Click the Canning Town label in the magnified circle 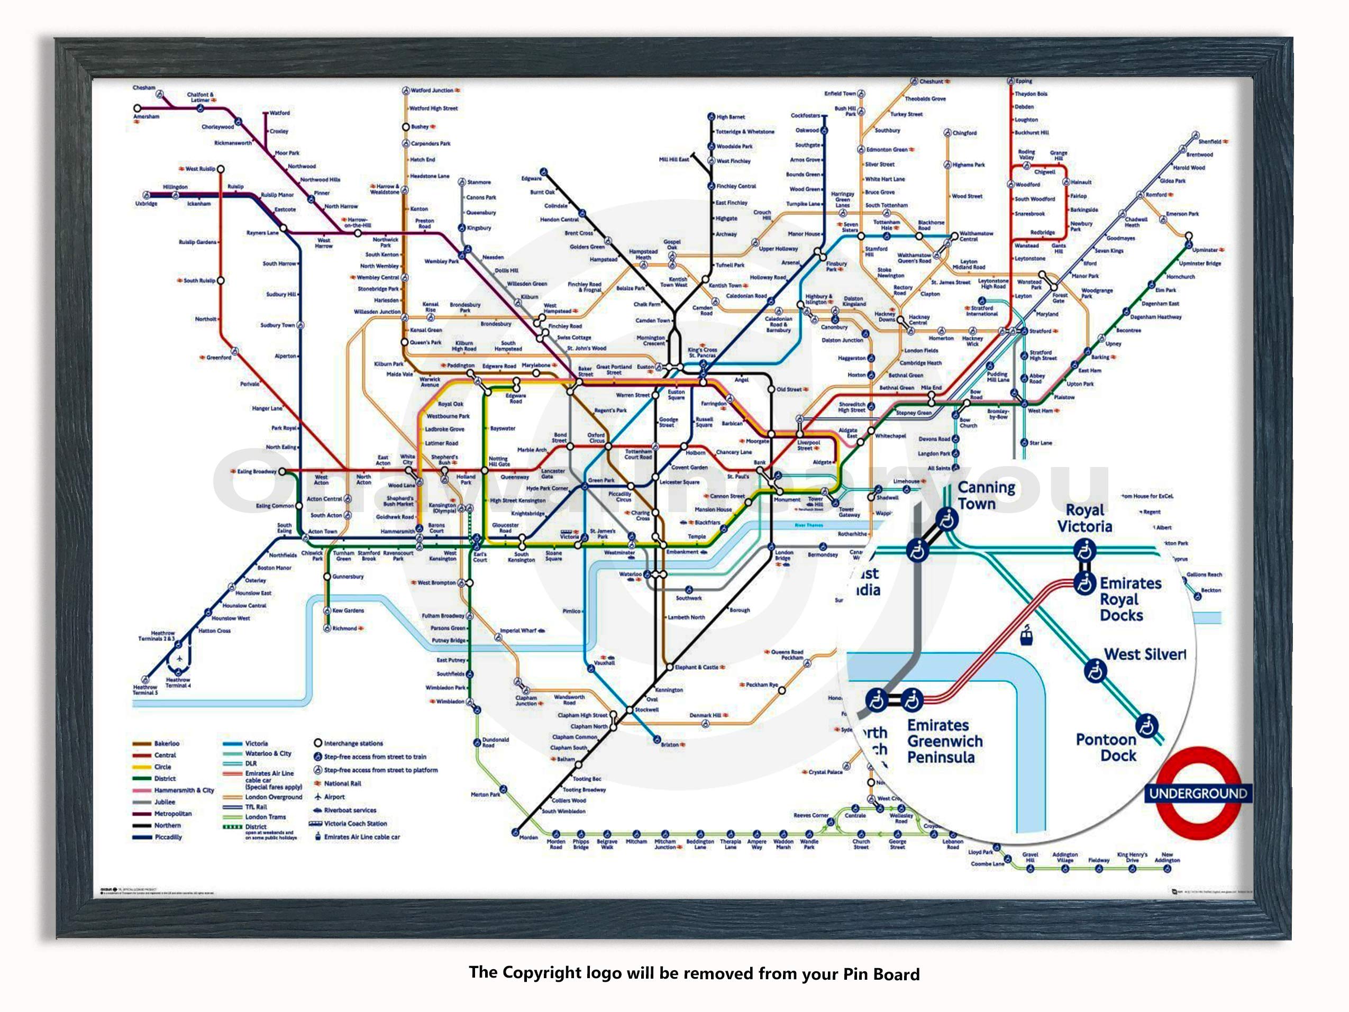pos(986,495)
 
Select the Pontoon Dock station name pos(1106,747)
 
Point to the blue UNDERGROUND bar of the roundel pos(1198,793)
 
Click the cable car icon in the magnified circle pos(1026,636)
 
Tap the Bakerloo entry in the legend pos(166,744)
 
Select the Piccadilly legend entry pos(168,837)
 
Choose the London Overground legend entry pos(273,797)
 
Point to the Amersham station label pos(147,116)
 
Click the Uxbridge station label pos(147,204)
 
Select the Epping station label pos(1023,81)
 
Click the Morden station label pos(528,837)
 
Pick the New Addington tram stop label pos(1166,857)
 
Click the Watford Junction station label pos(431,90)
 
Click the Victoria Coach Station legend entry pos(355,824)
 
